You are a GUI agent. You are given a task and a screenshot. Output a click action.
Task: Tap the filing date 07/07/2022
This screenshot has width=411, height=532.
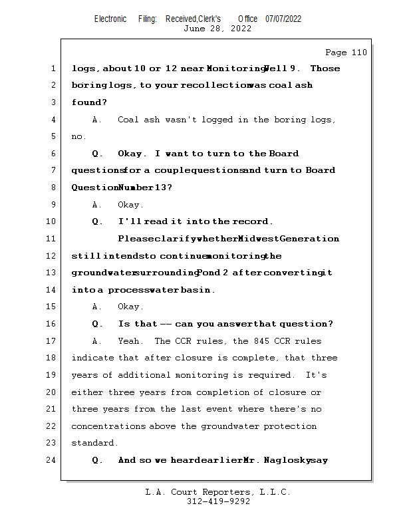pos(283,19)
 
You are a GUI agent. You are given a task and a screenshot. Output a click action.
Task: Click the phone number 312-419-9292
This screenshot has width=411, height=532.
pos(218,501)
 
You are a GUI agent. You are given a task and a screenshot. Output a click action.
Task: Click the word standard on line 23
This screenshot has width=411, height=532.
pos(93,443)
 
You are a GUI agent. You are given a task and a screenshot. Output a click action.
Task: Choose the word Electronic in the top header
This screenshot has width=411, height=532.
pos(110,19)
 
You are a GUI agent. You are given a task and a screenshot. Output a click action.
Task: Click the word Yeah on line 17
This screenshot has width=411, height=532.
pos(128,341)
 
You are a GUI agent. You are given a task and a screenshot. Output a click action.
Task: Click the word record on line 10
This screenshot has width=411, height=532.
pos(251,221)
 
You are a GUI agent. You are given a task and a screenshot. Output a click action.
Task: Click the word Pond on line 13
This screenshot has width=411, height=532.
pos(207,273)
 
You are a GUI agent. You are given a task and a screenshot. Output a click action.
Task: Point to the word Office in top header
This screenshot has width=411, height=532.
pos(248,19)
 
